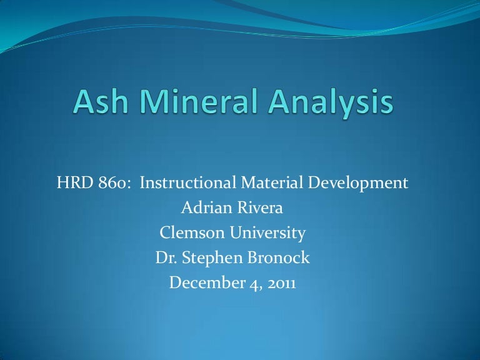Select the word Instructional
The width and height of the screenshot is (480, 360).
pos(187,184)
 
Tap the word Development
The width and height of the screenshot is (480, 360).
pos(359,184)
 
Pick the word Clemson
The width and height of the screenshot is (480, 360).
pos(187,234)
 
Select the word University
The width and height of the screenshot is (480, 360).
pos(267,234)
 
